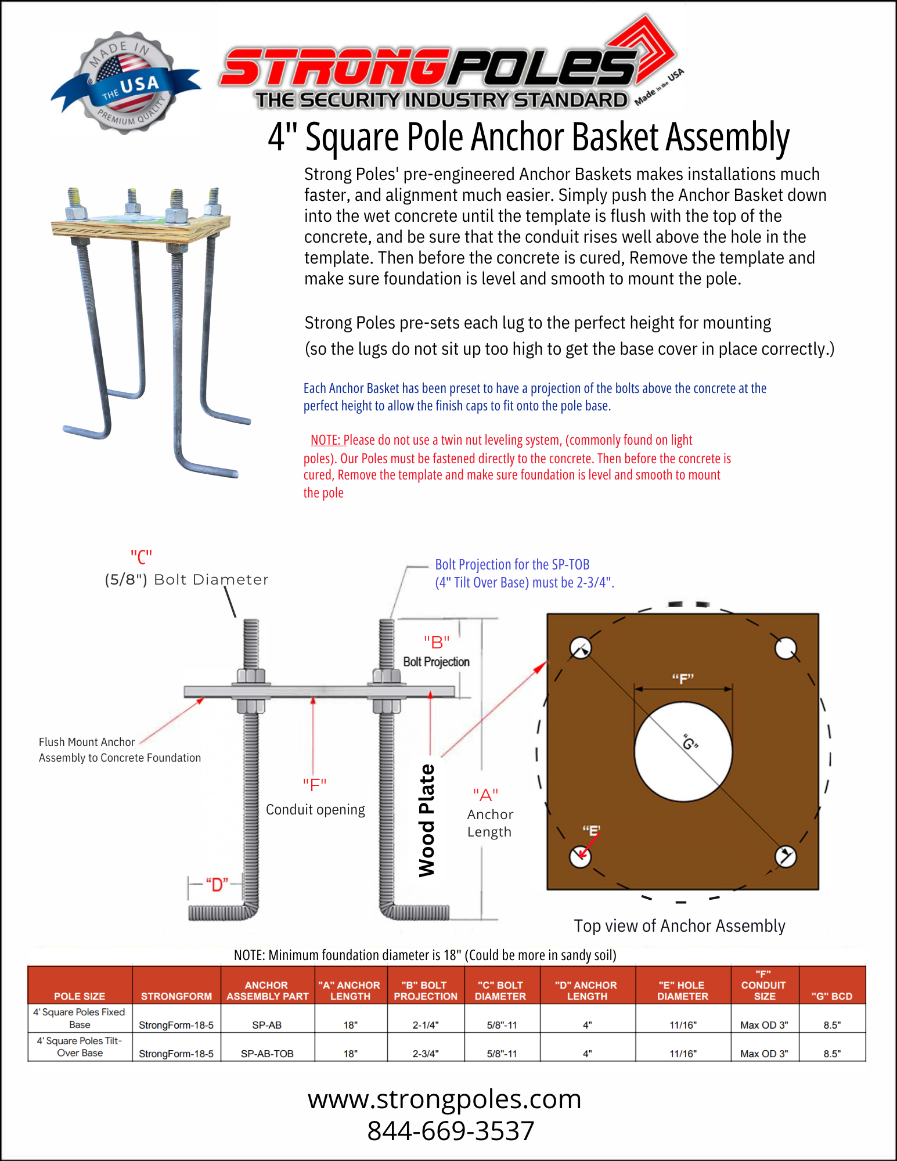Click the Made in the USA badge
pos(125,82)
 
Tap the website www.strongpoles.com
pos(445,1099)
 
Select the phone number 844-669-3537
pos(451,1131)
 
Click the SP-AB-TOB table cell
pos(267,1054)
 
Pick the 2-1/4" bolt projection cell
pos(426,1025)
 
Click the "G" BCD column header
pos(832,996)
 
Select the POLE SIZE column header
pos(80,996)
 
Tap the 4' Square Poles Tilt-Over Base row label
pos(80,1047)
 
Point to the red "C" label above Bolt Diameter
pos(141,557)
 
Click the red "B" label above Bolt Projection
pos(437,643)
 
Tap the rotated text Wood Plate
pos(427,820)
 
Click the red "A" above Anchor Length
pos(485,794)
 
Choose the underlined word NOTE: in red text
pos(326,440)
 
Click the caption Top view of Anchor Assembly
pos(679,926)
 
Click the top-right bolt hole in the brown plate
pos(786,648)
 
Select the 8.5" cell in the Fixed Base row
pos(832,1025)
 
